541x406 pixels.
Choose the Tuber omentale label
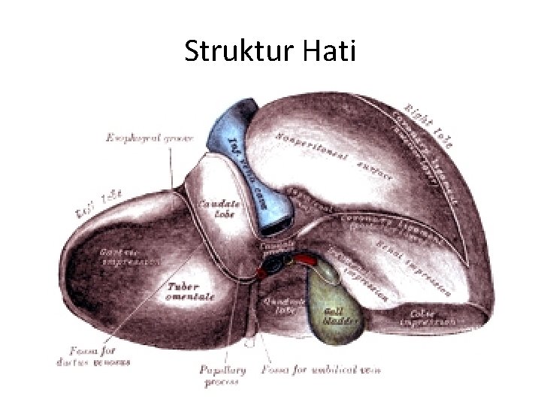pos(190,291)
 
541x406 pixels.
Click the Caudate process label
pos(271,245)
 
